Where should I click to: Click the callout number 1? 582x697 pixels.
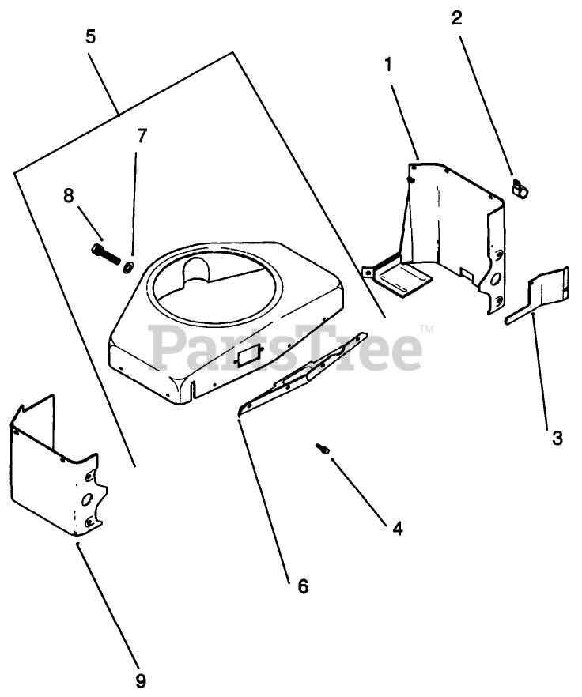coord(388,66)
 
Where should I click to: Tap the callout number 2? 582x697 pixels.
coord(457,19)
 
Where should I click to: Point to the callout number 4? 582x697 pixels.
coord(396,529)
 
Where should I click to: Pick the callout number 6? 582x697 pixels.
coord(303,586)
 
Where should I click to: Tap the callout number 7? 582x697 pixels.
coord(142,135)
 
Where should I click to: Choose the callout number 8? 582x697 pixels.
coord(69,194)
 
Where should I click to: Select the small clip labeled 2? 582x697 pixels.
coord(519,189)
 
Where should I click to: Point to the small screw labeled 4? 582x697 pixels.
coord(323,449)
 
